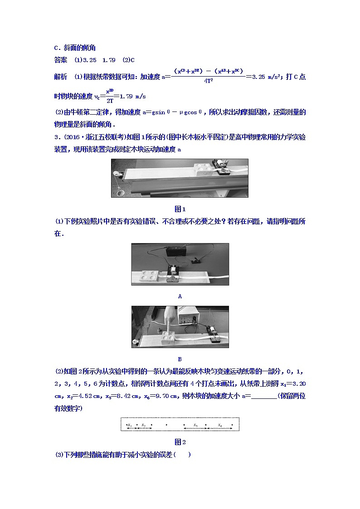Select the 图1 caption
click(x=180, y=209)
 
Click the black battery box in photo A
click(x=175, y=252)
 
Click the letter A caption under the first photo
click(x=180, y=296)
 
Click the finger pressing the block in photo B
click(x=170, y=320)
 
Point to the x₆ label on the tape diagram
click(x=220, y=424)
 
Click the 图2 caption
click(x=180, y=442)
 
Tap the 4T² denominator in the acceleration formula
click(x=209, y=81)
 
